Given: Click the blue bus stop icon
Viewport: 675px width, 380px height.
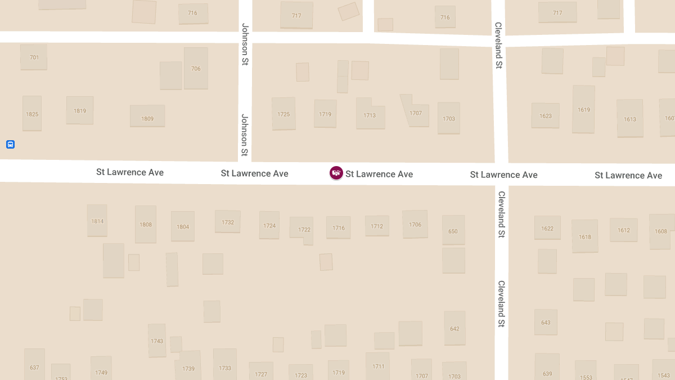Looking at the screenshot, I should pos(10,145).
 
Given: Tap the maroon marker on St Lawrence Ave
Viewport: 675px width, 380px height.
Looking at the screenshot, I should pos(336,173).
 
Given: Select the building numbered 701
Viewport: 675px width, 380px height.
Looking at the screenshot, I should pos(34,57).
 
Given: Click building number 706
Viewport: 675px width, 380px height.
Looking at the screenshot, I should pos(196,68).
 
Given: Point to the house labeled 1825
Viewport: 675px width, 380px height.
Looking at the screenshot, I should pos(32,114).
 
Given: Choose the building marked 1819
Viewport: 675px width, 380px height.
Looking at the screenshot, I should pos(80,110).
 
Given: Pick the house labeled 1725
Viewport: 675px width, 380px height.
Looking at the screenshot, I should pos(283,114).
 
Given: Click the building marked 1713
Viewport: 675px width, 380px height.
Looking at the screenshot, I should pos(370,115).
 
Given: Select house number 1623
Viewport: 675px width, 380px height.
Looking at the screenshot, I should pos(546,115).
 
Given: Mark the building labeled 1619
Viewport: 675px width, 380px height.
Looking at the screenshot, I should pos(584,109).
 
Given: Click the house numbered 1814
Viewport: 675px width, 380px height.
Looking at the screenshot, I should pos(97,221).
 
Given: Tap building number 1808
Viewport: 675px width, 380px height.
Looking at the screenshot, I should pos(146,224).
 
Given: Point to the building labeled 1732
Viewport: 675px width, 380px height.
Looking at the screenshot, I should pos(228,222).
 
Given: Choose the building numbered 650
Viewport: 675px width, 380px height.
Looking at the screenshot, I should pos(453,230).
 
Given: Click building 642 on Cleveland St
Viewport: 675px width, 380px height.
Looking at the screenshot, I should pos(454,328).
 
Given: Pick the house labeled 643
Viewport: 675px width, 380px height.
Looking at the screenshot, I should pos(546,323).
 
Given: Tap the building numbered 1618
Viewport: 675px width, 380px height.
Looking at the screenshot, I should pos(584,236).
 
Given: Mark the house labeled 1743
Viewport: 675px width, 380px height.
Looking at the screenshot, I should pos(157,341).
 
